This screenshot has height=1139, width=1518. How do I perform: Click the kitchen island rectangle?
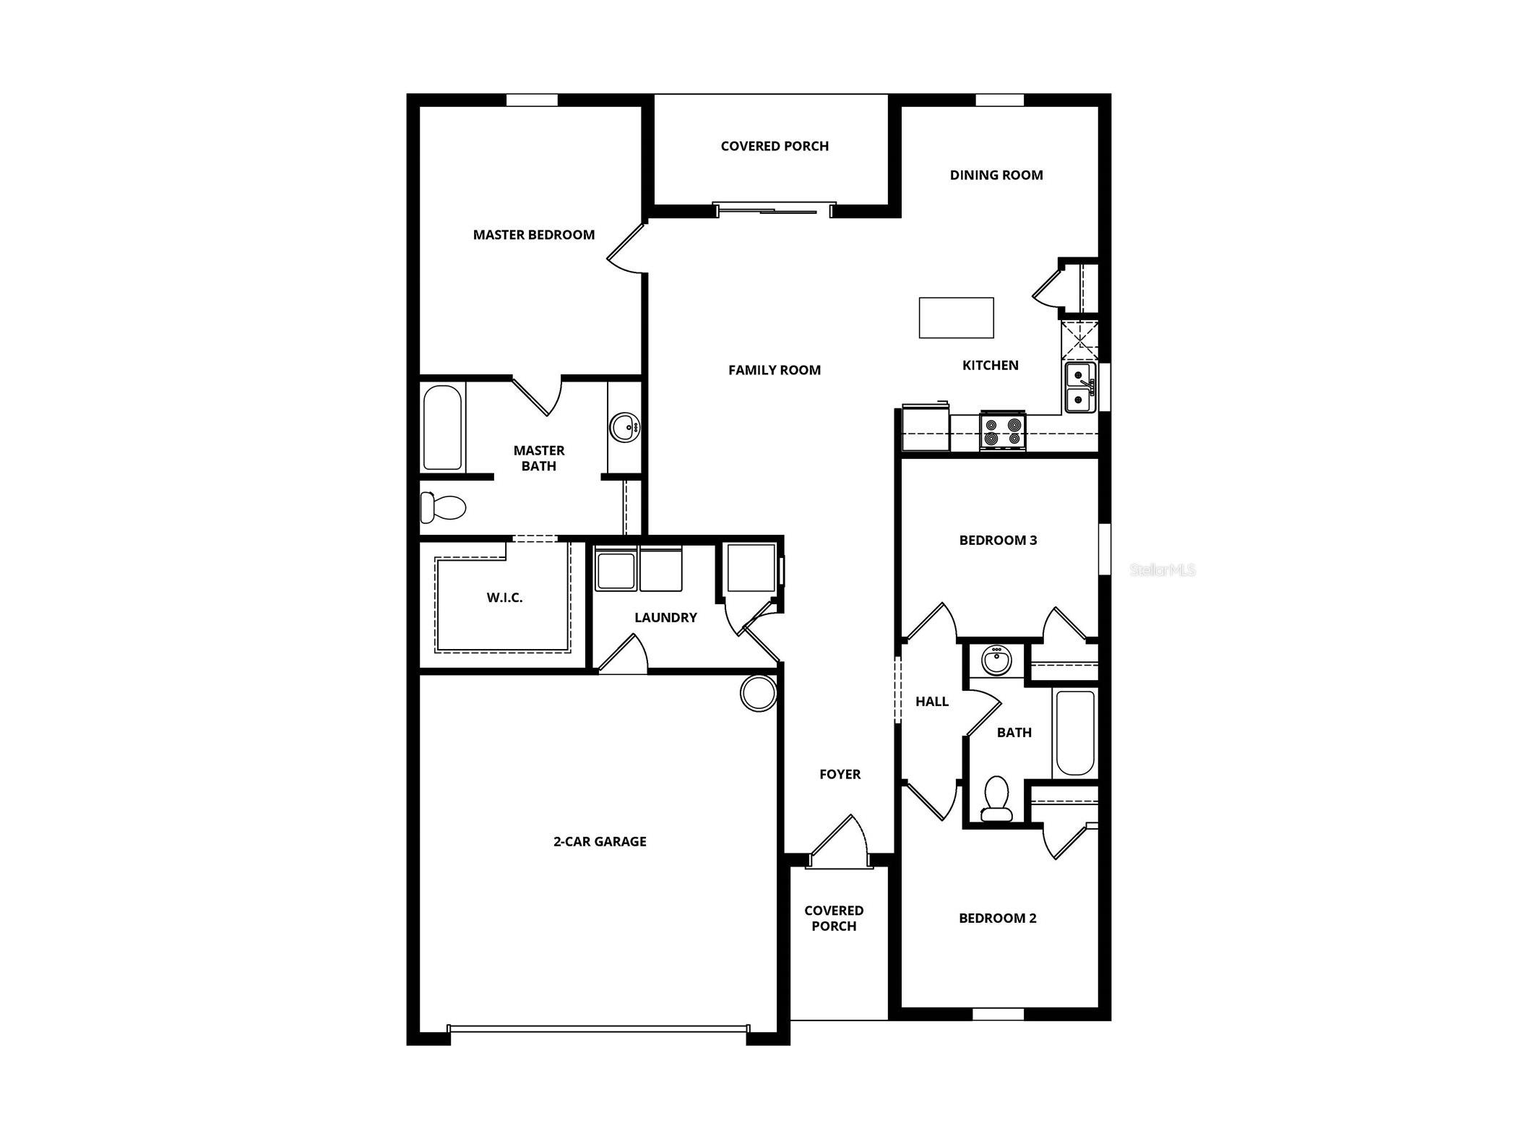(x=955, y=317)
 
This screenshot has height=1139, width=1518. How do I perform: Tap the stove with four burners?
(x=1001, y=431)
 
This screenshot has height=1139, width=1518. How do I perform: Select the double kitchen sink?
(x=1079, y=387)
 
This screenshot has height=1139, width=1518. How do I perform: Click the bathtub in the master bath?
(x=441, y=427)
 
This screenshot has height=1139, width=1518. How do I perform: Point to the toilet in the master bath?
(x=442, y=507)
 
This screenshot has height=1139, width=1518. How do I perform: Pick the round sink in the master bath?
(x=623, y=427)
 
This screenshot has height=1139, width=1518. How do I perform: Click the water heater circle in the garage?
(x=758, y=692)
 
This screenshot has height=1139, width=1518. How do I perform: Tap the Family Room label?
(x=774, y=370)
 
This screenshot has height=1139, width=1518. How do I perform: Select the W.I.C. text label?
(x=504, y=598)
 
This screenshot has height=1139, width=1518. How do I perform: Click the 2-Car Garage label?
(x=600, y=841)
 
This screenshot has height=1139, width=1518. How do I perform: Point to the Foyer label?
(x=840, y=774)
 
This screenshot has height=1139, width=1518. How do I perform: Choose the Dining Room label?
(x=996, y=175)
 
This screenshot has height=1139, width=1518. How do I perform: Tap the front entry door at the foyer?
(x=838, y=842)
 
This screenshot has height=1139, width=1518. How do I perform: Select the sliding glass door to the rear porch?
(x=774, y=210)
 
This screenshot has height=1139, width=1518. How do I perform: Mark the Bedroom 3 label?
(x=997, y=540)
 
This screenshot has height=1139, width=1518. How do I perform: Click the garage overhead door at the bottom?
(x=598, y=1028)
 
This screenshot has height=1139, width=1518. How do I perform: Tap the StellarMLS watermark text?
(x=1162, y=570)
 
